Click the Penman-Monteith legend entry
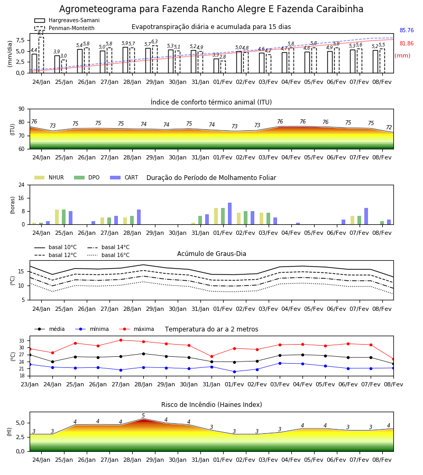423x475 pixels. pyautogui.click(x=65, y=28)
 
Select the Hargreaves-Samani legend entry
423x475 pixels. pyautogui.click(x=67, y=20)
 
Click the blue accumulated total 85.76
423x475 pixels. pyautogui.click(x=407, y=30)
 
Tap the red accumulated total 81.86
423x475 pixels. pyautogui.click(x=407, y=43)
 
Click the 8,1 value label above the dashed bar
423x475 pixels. pyautogui.click(x=41, y=33)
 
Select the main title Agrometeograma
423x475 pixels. pyautogui.click(x=211, y=9)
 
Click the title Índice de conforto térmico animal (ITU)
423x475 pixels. pyautogui.click(x=211, y=102)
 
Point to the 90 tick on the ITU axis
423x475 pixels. pyautogui.click(x=22, y=109)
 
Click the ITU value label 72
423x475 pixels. pyautogui.click(x=389, y=127)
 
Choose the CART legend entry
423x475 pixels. pyautogui.click(x=124, y=177)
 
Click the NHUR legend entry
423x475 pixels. pyautogui.click(x=49, y=177)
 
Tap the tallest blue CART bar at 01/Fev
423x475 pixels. pyautogui.click(x=229, y=214)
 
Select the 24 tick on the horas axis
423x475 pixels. pyautogui.click(x=22, y=185)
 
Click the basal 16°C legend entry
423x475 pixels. pyautogui.click(x=108, y=255)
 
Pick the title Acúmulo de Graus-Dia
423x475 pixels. pyautogui.click(x=212, y=253)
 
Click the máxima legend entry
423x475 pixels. pyautogui.click(x=137, y=329)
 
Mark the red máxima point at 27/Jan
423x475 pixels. pyautogui.click(x=121, y=340)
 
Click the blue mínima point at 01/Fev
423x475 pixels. pyautogui.click(x=235, y=372)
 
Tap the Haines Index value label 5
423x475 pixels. pyautogui.click(x=143, y=416)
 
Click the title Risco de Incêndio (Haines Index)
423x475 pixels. pyautogui.click(x=212, y=405)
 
